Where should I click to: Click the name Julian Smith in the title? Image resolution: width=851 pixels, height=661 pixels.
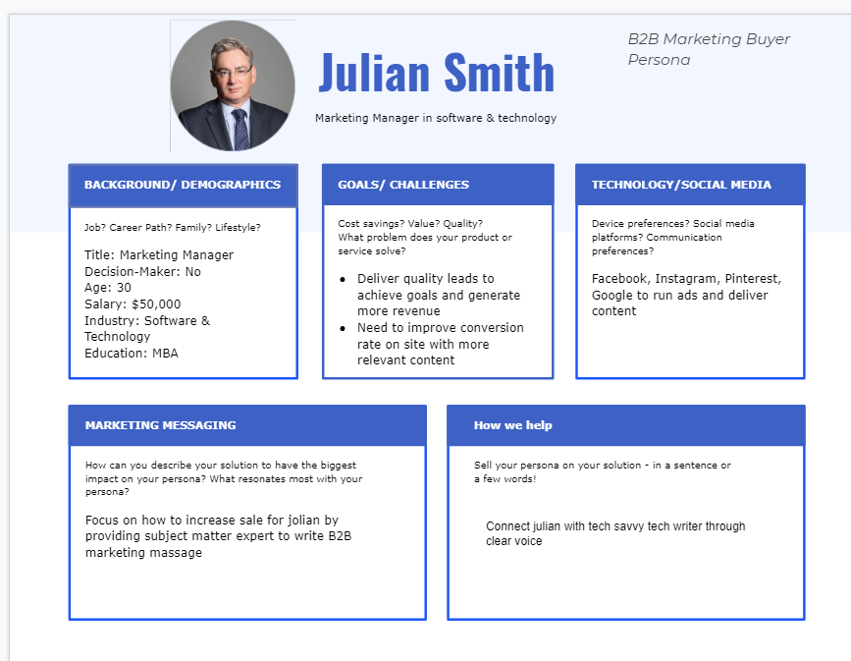[437, 73]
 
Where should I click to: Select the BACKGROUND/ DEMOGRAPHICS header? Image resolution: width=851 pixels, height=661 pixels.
[183, 185]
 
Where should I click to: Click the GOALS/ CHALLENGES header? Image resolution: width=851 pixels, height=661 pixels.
[403, 185]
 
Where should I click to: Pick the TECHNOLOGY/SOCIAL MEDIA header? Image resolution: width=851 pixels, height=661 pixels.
[681, 185]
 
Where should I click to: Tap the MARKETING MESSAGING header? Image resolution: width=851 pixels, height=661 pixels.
[160, 425]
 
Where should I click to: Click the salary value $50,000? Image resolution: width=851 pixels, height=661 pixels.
[156, 304]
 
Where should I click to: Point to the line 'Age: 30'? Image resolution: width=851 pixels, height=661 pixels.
[108, 288]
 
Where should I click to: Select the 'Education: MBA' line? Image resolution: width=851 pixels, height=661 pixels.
[132, 354]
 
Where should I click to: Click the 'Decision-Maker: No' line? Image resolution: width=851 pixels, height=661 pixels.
[142, 271]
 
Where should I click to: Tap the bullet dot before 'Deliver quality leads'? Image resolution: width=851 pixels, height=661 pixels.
[342, 279]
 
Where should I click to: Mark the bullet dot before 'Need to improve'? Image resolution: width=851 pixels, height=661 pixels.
[342, 328]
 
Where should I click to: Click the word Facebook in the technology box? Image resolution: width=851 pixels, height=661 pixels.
[619, 279]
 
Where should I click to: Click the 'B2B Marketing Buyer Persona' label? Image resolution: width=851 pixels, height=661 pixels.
[709, 49]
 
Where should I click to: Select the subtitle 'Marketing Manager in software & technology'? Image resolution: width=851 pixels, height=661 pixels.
[436, 118]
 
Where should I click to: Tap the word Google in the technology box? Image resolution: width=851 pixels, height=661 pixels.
[612, 295]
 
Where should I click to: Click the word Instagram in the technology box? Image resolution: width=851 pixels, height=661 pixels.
[686, 279]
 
